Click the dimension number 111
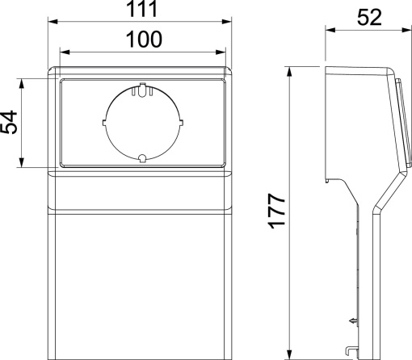pyautogui.click(x=141, y=10)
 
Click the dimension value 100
pyautogui.click(x=141, y=39)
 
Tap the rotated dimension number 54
pyautogui.click(x=11, y=123)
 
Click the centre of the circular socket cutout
pyautogui.click(x=141, y=123)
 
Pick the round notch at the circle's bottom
pyautogui.click(x=141, y=158)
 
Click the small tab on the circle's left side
pyautogui.click(x=104, y=123)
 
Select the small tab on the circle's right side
pyautogui.click(x=179, y=123)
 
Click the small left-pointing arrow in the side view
pyautogui.click(x=351, y=322)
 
